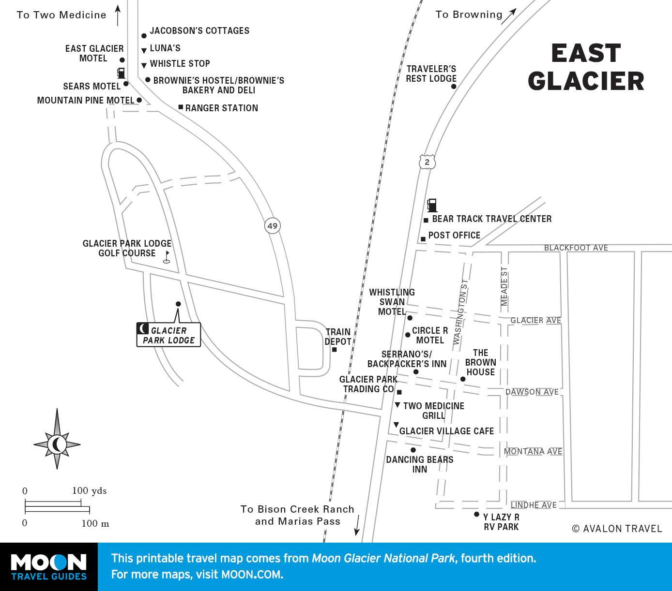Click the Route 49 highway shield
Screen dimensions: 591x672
tap(273, 226)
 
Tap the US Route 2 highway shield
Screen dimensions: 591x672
tap(427, 162)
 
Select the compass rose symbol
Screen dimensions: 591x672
tap(57, 443)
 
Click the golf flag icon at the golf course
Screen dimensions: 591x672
tap(167, 256)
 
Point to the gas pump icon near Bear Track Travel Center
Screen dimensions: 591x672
tap(432, 205)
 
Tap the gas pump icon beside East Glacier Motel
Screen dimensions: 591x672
tap(121, 73)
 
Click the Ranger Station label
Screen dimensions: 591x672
tap(221, 108)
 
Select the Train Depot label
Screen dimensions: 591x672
tap(338, 337)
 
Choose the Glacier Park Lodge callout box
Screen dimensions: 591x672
tap(168, 335)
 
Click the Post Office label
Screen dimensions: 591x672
tap(454, 236)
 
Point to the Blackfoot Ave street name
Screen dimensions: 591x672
tap(576, 248)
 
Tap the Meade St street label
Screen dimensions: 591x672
tap(504, 286)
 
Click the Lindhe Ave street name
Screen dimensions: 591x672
tap(534, 505)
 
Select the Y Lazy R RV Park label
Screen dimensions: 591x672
tap(501, 522)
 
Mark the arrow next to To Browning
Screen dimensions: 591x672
tap(509, 16)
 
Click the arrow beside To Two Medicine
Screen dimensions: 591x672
tap(118, 15)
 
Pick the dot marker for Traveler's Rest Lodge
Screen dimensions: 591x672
tap(454, 87)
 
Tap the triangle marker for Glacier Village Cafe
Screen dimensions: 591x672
tap(396, 425)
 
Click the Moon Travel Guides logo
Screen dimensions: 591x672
tap(48, 567)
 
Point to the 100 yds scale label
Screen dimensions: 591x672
tap(89, 490)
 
